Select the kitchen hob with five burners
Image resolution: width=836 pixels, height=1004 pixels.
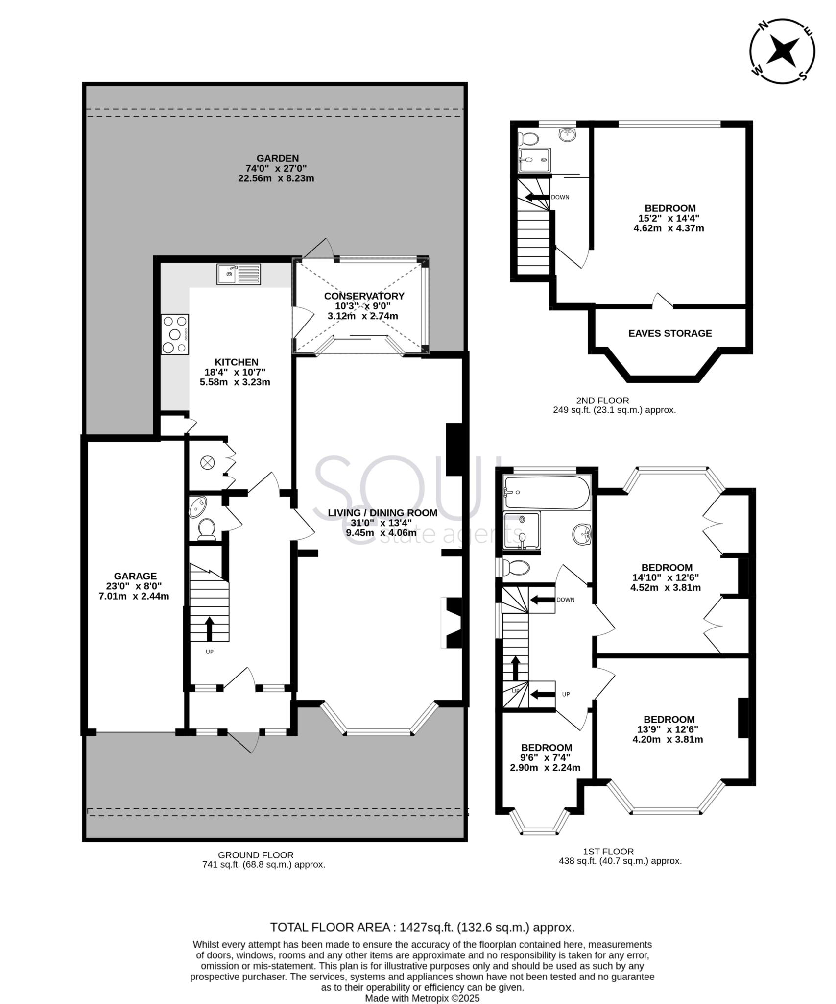[175, 334]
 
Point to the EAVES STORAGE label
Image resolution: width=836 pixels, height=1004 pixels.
[669, 333]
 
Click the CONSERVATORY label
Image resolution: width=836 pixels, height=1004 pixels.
[364, 296]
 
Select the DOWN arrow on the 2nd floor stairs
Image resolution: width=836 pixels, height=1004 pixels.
[537, 197]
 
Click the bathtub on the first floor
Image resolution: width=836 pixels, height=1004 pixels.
[547, 493]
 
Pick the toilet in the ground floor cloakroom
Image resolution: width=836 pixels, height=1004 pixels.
[207, 529]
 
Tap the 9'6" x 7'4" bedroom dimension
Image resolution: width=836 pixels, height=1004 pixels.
[546, 757]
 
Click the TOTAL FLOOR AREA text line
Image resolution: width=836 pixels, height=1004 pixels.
[422, 927]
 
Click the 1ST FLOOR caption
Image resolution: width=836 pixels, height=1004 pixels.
[608, 852]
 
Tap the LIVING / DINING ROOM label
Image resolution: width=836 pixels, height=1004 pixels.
[382, 513]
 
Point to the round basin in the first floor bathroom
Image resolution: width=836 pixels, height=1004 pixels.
[582, 534]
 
